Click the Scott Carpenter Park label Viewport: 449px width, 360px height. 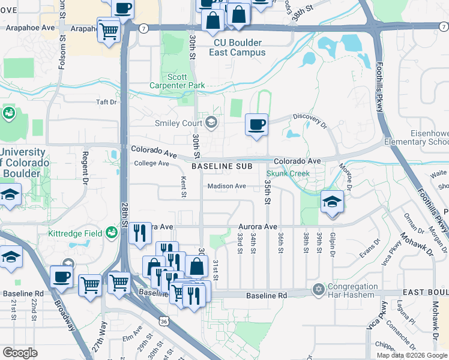186,81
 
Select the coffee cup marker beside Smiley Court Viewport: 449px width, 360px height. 256,125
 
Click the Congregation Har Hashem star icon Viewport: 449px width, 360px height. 318,290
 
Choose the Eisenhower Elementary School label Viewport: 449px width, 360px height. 418,137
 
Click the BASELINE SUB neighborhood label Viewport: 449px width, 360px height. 220,166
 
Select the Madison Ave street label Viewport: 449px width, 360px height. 227,186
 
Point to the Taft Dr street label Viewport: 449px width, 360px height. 107,102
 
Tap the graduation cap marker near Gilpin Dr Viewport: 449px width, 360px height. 331,203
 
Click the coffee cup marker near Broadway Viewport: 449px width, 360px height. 61,277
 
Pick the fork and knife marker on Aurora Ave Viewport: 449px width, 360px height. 140,232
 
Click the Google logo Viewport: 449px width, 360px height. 20,353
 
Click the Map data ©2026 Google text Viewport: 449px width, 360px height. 412,355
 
